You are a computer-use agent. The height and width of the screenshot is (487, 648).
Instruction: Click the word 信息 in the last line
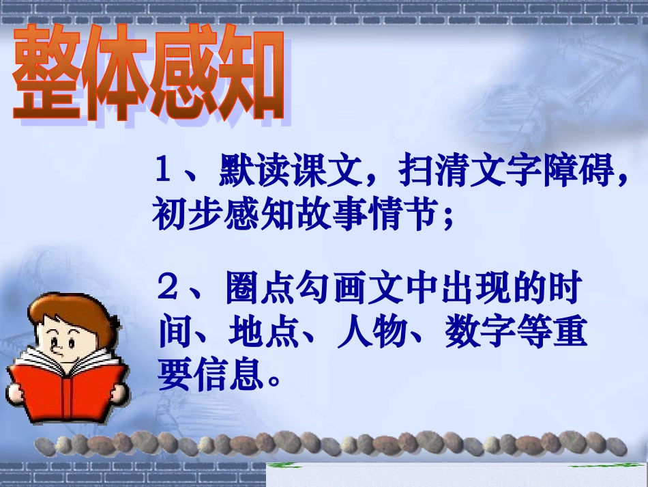[x=228, y=376]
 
